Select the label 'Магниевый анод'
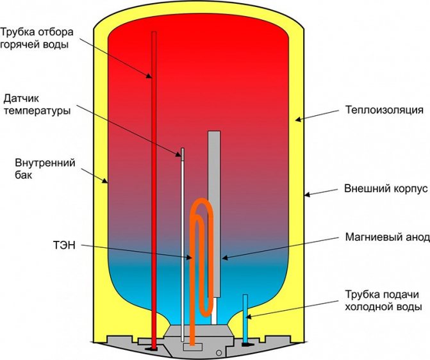[x=386, y=237]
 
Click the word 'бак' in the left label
[x=22, y=174]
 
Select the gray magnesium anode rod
[x=214, y=179]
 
